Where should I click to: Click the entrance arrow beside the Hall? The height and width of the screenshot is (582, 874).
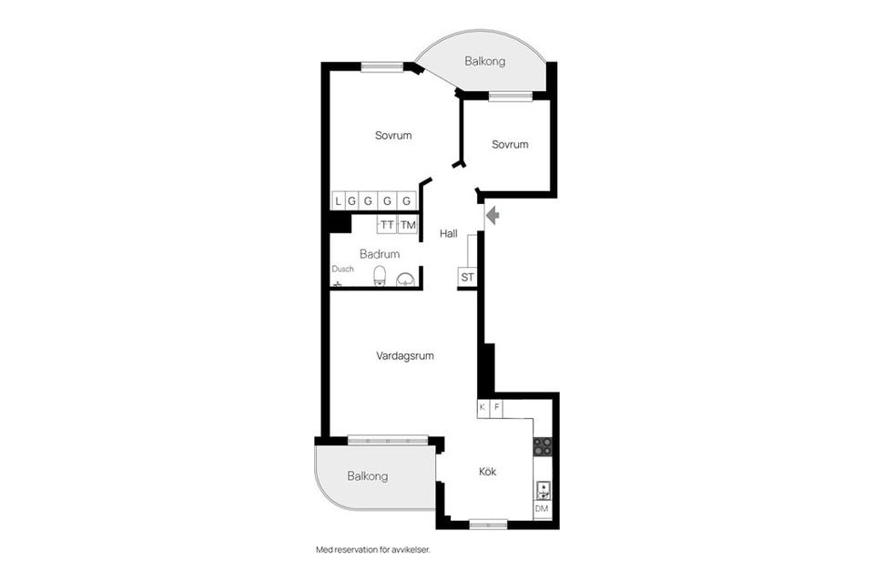[493, 215]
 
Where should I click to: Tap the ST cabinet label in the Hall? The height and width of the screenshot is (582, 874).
[468, 277]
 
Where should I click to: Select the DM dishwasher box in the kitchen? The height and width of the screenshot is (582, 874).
[542, 509]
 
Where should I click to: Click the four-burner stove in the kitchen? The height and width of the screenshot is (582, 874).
[543, 446]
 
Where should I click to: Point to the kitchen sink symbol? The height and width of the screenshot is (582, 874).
[543, 491]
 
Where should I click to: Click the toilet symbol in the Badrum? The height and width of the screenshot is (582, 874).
[380, 275]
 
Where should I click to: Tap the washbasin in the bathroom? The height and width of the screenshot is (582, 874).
[405, 279]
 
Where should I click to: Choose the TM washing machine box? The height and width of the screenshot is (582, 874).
[408, 225]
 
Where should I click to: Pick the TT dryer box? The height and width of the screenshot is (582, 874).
[388, 225]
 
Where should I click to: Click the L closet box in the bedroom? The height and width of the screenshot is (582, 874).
[339, 200]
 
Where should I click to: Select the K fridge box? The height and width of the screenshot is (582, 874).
[483, 407]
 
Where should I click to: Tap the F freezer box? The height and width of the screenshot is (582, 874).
[496, 407]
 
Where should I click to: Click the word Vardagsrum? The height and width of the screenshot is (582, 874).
[405, 355]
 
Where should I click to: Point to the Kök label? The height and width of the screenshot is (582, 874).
[488, 472]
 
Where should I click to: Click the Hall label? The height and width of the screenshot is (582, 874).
[449, 233]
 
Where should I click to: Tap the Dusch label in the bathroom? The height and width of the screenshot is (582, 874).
[343, 269]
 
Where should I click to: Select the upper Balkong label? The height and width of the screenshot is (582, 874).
[485, 61]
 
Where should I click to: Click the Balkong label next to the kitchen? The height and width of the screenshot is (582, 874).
[367, 476]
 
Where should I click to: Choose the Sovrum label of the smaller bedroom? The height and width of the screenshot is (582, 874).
[510, 145]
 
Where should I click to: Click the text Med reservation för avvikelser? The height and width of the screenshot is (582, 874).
[373, 550]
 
